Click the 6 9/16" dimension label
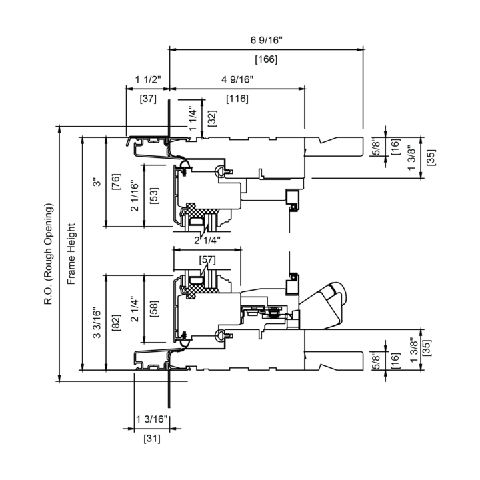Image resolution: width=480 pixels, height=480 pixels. coord(266,40)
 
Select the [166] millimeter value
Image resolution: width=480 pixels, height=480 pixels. coord(266,59)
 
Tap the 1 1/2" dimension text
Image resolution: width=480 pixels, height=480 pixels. coord(148,79)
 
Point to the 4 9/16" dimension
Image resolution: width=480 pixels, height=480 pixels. coord(237,79)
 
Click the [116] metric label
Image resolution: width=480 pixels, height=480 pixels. coord(237,99)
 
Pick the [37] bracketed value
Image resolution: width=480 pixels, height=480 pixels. coord(148,99)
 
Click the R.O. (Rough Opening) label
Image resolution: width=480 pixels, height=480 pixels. coord(49,254)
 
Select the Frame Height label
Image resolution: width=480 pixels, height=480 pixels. coord(71,254)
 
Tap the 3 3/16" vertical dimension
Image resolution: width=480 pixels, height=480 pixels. coord(97,322)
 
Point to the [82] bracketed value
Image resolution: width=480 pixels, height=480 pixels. coord(116,322)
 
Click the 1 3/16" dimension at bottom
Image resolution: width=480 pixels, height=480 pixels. coord(152,419)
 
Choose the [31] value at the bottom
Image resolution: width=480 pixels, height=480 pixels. coord(152,439)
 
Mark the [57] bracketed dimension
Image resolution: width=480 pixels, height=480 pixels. coord(207,260)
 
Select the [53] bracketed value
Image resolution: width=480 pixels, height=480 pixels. coord(154,195)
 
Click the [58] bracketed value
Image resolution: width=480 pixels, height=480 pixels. coord(154,309)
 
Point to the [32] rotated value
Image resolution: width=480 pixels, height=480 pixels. coord(212,118)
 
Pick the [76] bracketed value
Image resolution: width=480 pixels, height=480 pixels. coord(116,181)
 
